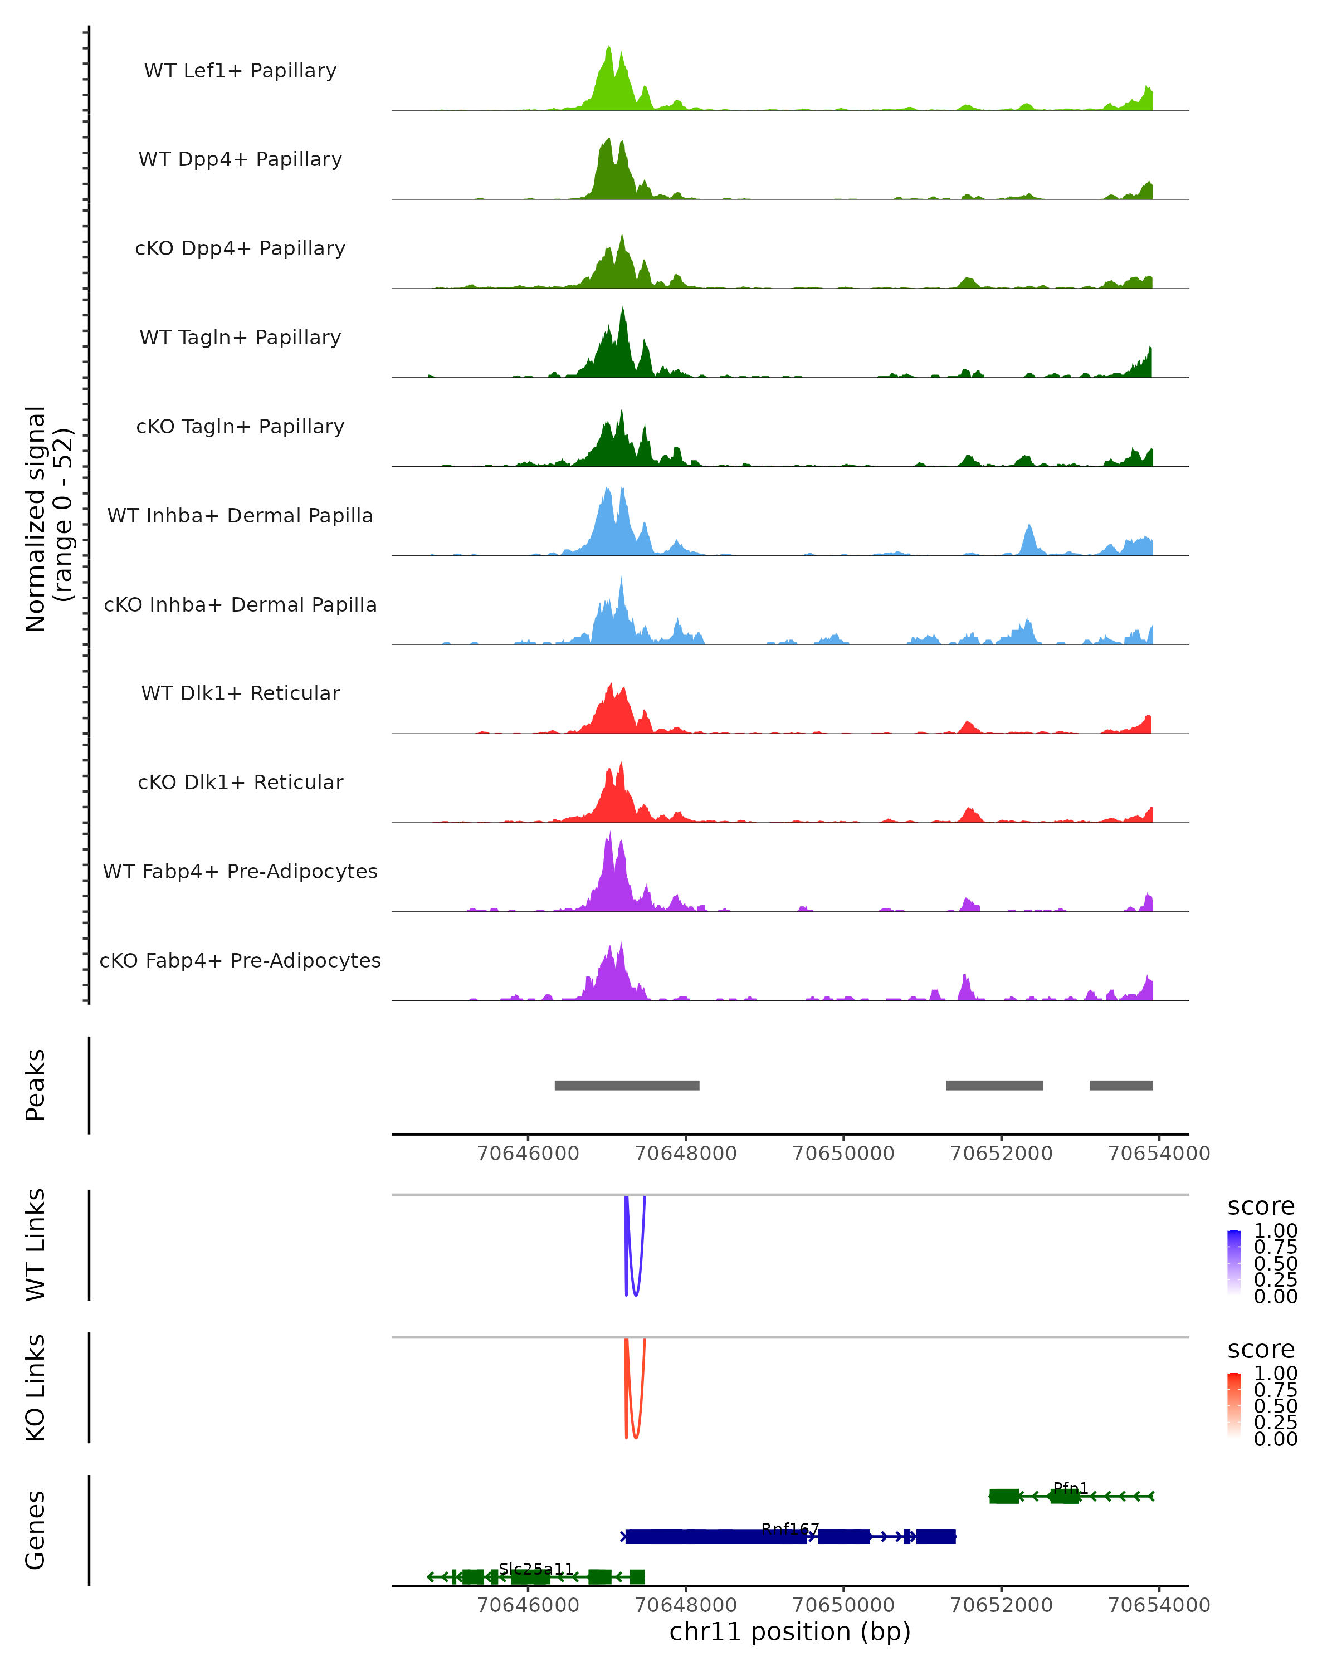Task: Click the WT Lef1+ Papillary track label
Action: [x=240, y=71]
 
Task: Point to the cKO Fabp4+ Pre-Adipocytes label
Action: [x=240, y=960]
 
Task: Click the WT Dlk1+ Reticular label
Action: [x=240, y=693]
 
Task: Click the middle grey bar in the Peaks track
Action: [x=994, y=1085]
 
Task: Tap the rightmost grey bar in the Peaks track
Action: [x=1121, y=1085]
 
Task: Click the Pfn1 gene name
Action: [x=1070, y=1488]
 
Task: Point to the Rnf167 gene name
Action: [x=790, y=1528]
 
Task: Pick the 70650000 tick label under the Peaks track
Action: [x=843, y=1154]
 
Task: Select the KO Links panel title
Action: [x=36, y=1387]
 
